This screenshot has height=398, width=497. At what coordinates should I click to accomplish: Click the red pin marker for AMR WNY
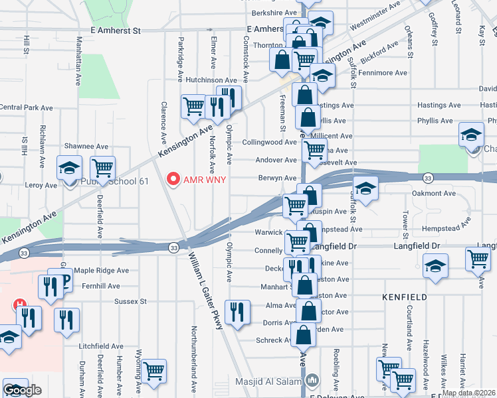(174, 179)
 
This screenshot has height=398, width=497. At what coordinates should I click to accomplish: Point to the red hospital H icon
(21, 304)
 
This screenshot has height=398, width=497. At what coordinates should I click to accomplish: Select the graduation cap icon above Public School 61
(69, 168)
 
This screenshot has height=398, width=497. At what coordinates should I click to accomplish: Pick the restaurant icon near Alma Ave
(237, 310)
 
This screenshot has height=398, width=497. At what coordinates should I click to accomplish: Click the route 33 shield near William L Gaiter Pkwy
(173, 247)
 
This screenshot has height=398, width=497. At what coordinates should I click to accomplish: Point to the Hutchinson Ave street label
(211, 80)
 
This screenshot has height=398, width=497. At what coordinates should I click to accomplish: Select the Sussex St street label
(130, 301)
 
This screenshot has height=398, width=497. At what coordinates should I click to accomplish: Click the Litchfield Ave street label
(101, 346)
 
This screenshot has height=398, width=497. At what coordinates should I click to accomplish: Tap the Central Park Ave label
(27, 107)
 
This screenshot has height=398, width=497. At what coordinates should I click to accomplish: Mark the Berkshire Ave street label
(274, 13)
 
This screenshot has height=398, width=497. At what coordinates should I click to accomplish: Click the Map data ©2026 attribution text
(469, 393)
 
